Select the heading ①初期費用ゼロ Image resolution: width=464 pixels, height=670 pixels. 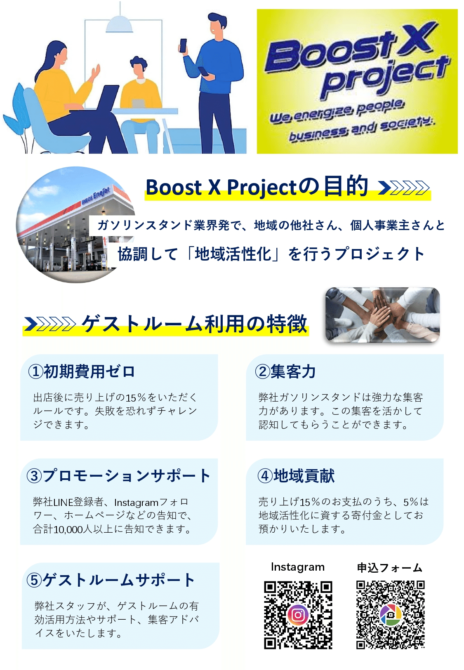[81, 371]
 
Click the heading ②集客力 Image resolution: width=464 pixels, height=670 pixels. [285, 371]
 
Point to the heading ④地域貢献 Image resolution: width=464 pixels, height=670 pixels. [296, 476]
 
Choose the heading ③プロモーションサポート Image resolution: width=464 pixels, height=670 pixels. [118, 476]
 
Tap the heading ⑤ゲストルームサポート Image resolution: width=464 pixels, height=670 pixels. [111, 580]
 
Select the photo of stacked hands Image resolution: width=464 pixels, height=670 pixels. [382, 315]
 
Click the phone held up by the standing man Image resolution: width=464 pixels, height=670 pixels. [183, 45]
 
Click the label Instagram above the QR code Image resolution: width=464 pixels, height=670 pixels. [297, 567]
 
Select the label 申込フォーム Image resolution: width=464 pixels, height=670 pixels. [390, 568]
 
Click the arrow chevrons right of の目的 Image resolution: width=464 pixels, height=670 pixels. [404, 188]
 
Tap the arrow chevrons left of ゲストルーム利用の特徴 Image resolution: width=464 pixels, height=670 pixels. [50, 324]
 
